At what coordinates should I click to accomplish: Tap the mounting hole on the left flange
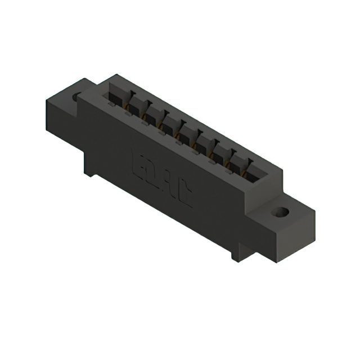(77, 97)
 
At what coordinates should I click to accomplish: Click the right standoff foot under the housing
(236, 254)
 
